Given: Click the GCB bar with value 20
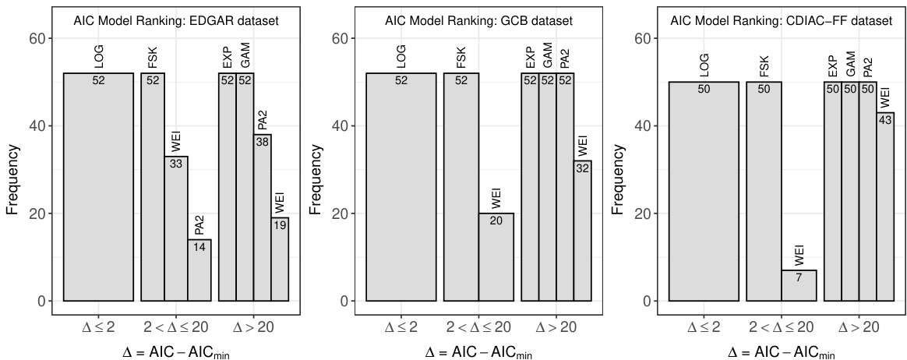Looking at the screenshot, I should click(x=496, y=257).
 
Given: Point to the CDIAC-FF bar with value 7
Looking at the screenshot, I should click(x=799, y=285).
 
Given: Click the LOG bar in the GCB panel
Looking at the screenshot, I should click(x=401, y=187).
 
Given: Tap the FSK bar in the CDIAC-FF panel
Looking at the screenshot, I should click(x=764, y=191).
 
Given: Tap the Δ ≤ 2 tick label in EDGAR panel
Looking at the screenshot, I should click(x=97, y=326).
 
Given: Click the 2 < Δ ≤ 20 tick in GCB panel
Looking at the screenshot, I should click(x=479, y=326).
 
